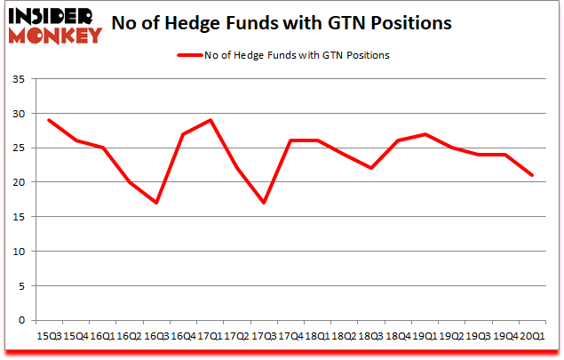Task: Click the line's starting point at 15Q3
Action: pyautogui.click(x=49, y=120)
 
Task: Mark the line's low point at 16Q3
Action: pyautogui.click(x=156, y=203)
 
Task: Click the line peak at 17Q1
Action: pyautogui.click(x=211, y=120)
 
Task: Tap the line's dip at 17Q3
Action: pyautogui.click(x=264, y=203)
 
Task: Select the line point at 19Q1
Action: pyautogui.click(x=425, y=134)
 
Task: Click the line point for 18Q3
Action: pyautogui.click(x=370, y=168)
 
